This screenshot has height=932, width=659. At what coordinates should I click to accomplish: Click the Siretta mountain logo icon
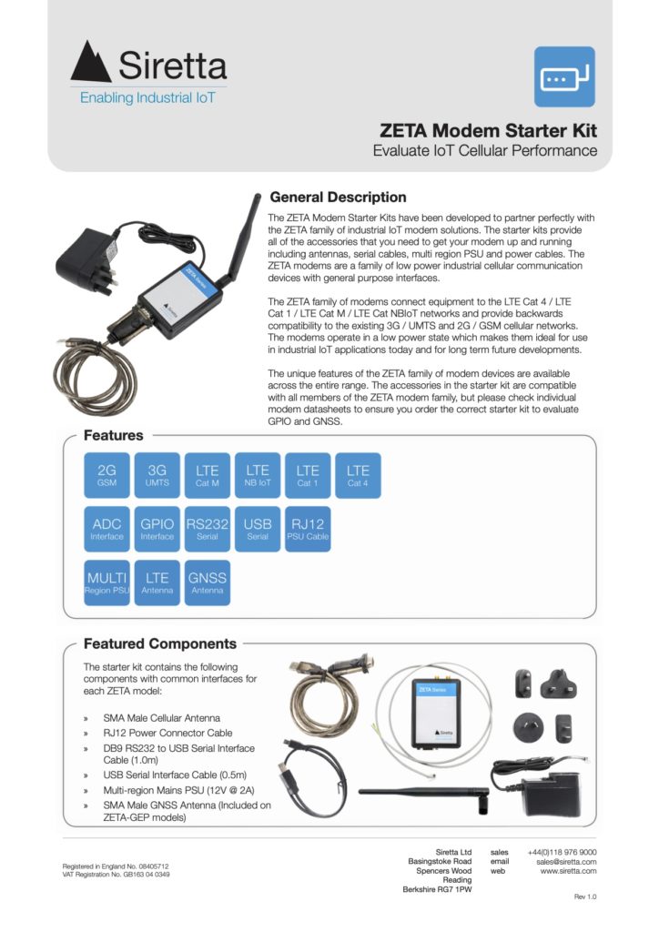point(91,63)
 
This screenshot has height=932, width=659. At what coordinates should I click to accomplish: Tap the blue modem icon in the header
point(563,77)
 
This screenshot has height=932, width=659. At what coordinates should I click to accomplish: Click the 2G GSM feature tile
point(106,475)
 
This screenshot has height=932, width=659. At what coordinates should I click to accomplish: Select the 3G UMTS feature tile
point(157,475)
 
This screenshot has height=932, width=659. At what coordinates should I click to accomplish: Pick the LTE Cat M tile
point(208,475)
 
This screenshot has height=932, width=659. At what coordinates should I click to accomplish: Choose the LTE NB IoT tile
point(258,475)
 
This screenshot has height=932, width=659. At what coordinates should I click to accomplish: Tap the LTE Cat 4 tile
point(358,475)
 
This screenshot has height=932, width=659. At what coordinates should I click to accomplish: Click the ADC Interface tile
point(106,529)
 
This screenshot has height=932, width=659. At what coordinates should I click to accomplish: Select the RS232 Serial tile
point(208,529)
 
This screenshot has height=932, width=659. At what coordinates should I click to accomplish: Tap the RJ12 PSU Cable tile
point(308,529)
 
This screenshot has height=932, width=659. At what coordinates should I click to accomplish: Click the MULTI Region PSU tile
point(106,582)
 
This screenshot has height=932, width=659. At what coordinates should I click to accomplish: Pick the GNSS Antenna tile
point(208,582)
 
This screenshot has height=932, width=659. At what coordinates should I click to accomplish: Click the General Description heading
point(338,198)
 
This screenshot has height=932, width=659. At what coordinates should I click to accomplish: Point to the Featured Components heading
point(160,643)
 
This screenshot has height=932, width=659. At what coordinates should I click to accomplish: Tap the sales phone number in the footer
point(562,852)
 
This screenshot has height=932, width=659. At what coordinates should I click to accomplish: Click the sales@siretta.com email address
point(566,861)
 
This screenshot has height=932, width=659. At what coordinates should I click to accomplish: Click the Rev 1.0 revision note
point(585,897)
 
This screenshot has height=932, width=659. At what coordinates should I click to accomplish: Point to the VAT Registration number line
point(116,875)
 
